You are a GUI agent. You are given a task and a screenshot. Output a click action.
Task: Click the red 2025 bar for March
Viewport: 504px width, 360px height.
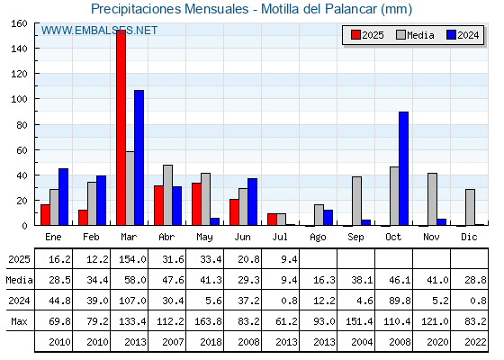121,128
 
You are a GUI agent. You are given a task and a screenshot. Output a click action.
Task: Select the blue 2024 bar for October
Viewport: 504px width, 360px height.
404,168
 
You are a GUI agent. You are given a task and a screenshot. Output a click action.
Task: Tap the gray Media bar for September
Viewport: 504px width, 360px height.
356,201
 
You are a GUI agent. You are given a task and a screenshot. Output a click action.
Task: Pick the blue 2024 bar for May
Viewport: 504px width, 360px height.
215,221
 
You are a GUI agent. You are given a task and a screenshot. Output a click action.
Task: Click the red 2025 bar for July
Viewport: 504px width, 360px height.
272,220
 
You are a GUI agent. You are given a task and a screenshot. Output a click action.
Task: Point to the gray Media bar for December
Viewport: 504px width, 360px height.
470,207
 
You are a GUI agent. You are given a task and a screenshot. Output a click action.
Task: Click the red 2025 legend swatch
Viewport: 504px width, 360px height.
355,35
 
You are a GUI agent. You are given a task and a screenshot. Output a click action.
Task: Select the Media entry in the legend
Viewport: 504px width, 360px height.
415,35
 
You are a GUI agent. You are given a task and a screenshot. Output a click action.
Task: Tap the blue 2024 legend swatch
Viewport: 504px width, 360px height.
451,35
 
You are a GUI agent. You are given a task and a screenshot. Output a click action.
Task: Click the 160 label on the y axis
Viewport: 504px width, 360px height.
19,23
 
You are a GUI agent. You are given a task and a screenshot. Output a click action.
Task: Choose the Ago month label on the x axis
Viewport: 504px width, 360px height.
319,238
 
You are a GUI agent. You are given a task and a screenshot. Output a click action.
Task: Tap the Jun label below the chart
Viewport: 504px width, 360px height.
242,237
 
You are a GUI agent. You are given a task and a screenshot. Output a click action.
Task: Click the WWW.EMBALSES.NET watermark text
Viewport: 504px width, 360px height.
99,31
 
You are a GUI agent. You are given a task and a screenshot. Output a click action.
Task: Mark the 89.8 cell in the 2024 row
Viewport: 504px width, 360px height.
400,301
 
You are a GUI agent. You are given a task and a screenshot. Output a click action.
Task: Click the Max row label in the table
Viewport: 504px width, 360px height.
19,321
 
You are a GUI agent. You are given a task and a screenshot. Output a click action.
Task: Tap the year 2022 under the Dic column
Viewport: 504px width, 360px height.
475,342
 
